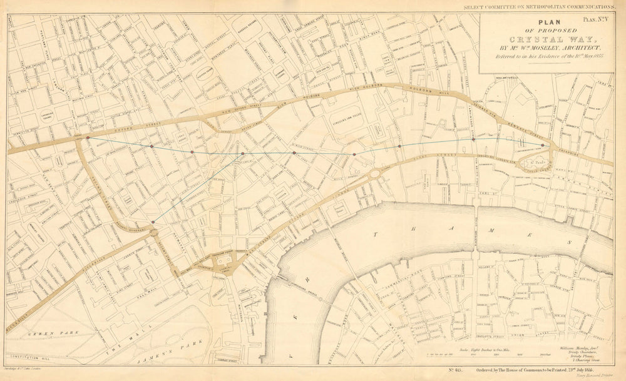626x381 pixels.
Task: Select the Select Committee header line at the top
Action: click(x=539, y=6)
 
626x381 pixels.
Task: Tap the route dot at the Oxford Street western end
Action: click(x=88, y=137)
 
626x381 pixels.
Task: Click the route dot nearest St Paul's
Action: click(x=542, y=145)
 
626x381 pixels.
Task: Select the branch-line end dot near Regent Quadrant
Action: click(x=153, y=222)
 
